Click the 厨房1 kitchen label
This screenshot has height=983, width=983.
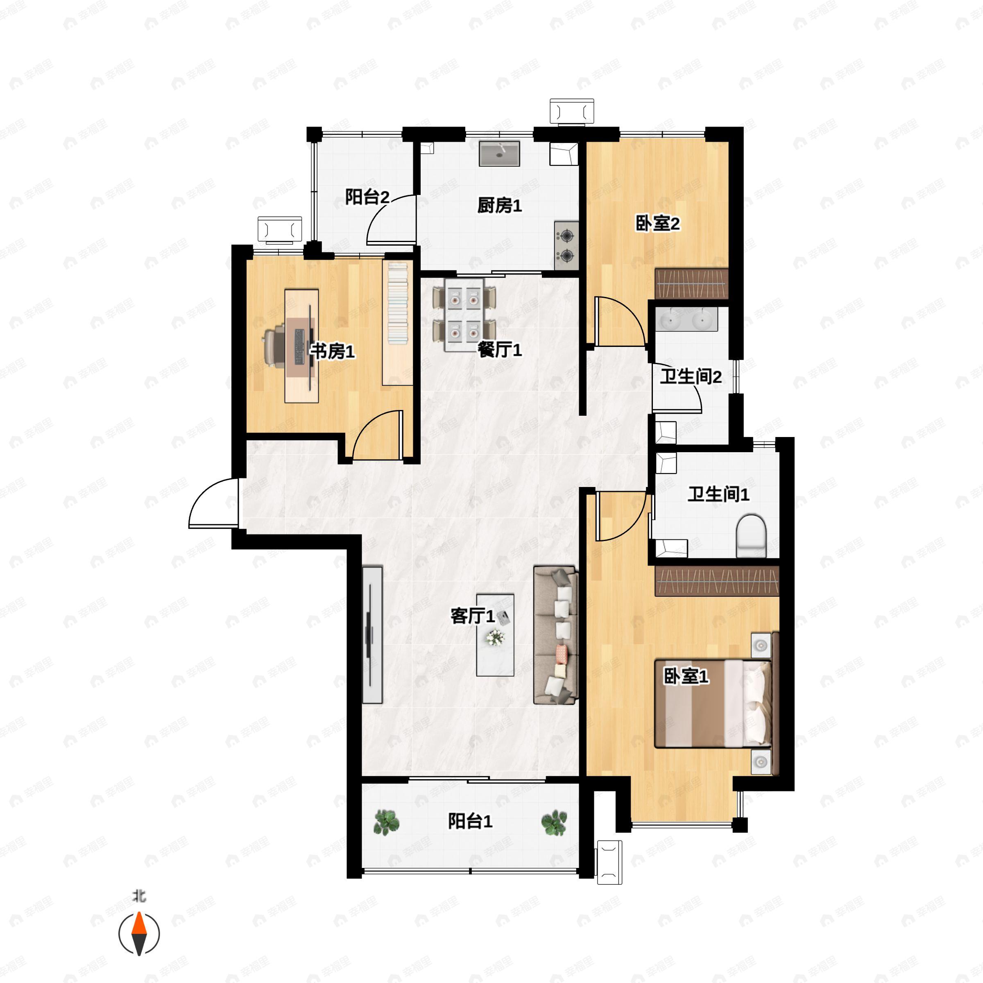(x=499, y=206)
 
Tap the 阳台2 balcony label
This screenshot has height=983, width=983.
(x=367, y=197)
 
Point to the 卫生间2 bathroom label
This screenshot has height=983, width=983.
(x=691, y=377)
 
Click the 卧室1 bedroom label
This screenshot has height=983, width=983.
(x=686, y=676)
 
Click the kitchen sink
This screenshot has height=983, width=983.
(x=499, y=154)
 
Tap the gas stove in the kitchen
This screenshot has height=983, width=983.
(x=566, y=245)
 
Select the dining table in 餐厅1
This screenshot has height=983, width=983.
(x=464, y=315)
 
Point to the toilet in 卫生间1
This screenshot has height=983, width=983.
(x=751, y=535)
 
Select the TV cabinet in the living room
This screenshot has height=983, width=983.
(x=372, y=634)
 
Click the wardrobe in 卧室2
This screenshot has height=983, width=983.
(x=691, y=283)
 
